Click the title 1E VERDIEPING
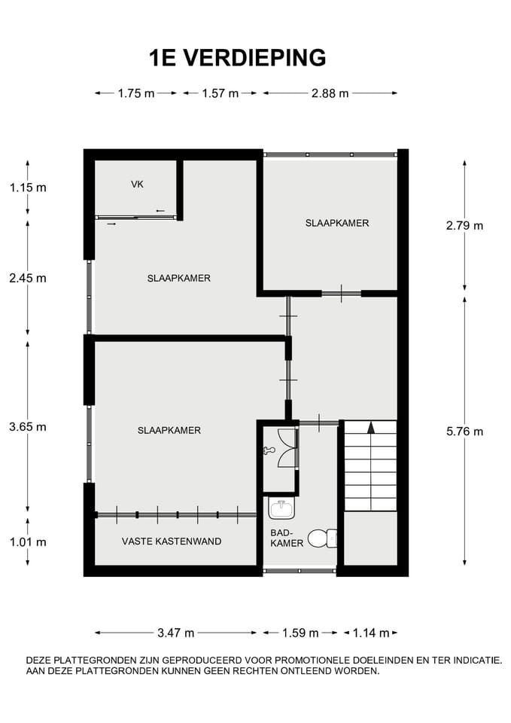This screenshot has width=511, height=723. tap(238, 58)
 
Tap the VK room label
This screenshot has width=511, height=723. tap(137, 185)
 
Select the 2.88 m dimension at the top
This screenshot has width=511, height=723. tap(330, 93)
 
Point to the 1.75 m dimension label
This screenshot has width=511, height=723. tap(135, 93)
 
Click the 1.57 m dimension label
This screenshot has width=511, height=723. tap(220, 93)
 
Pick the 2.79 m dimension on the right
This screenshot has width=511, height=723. tap(464, 225)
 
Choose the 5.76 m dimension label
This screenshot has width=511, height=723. tap(464, 432)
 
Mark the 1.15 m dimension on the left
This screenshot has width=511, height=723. tap(28, 188)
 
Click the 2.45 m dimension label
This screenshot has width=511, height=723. tap(28, 278)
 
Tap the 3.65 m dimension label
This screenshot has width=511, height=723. tap(28, 427)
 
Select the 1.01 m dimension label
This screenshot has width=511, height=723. tap(28, 541)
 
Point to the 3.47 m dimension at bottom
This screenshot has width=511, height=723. tap(175, 633)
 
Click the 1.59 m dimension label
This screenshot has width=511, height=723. tap(300, 633)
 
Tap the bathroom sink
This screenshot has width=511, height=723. tap(281, 509)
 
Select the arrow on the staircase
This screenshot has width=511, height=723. tap(370, 428)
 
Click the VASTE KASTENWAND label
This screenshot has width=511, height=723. tap(172, 541)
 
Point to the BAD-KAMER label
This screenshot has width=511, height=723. tap(286, 538)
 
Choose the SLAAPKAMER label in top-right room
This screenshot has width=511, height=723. tap(337, 223)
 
